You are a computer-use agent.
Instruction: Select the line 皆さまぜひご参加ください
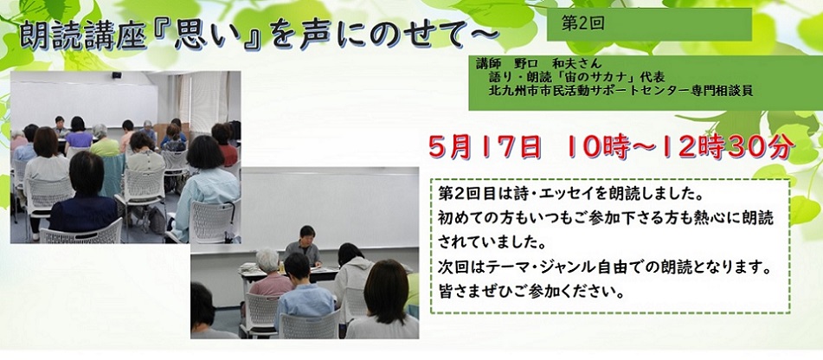(x=530, y=291)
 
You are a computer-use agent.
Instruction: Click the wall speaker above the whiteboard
(x=116, y=75)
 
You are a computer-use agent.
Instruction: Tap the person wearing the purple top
(x=78, y=134)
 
